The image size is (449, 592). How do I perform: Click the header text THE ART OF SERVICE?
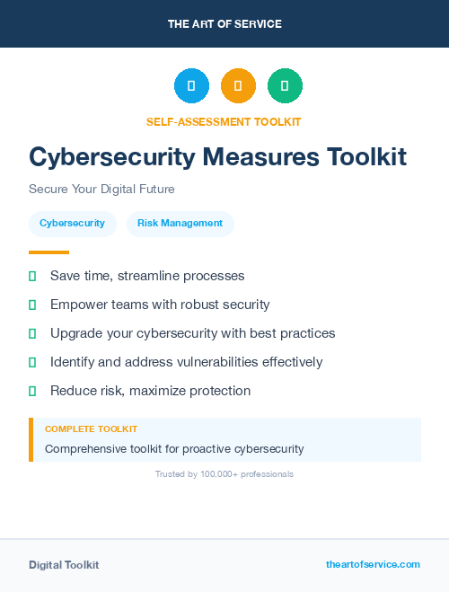(x=224, y=24)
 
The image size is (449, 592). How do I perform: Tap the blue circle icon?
(x=191, y=86)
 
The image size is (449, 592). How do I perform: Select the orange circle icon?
(x=238, y=86)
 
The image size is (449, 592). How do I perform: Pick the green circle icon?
(x=285, y=86)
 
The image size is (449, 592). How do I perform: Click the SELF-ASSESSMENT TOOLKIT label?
(x=224, y=121)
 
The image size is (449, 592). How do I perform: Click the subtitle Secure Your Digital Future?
(x=101, y=190)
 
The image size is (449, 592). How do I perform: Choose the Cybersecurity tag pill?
(x=72, y=223)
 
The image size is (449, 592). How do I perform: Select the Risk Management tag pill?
(x=180, y=223)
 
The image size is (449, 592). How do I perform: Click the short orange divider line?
(x=48, y=252)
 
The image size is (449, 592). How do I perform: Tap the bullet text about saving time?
(x=147, y=276)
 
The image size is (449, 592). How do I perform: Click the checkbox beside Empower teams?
(x=32, y=305)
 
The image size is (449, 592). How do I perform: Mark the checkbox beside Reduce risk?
(x=32, y=391)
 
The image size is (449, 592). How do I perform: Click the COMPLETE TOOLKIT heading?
(x=91, y=429)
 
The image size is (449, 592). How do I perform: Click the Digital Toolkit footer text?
(x=64, y=565)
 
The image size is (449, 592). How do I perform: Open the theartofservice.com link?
(x=373, y=564)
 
